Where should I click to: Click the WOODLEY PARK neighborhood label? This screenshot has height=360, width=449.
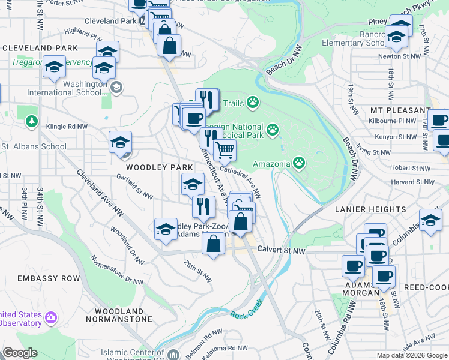[159, 167]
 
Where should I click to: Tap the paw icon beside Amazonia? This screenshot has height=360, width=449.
[298, 163]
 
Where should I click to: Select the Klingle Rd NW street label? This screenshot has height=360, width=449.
[67, 127]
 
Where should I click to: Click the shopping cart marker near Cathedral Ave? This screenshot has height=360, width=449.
[224, 151]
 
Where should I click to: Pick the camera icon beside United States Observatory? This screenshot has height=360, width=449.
[52, 317]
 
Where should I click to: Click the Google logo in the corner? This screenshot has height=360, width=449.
[19, 353]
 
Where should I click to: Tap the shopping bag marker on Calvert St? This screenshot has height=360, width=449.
[214, 245]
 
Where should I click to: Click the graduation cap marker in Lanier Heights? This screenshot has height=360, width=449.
[430, 220]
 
